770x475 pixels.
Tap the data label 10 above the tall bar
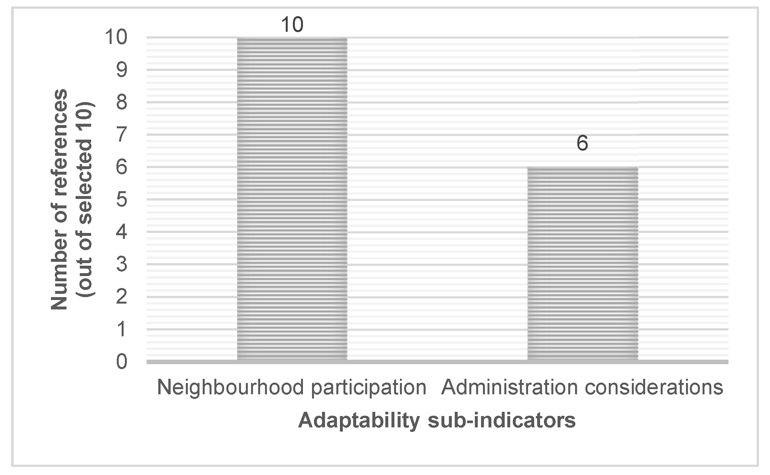292,25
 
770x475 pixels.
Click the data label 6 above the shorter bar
582,143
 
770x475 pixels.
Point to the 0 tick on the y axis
122,362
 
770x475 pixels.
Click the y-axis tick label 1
122,329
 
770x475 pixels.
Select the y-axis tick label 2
122,297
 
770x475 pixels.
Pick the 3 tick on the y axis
122,264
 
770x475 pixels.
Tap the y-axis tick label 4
122,232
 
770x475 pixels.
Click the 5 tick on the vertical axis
122,200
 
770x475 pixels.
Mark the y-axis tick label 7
122,135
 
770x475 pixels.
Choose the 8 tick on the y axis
122,102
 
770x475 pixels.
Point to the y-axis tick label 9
122,70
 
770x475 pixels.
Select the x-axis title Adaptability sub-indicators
437,421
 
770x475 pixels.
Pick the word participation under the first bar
368,388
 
